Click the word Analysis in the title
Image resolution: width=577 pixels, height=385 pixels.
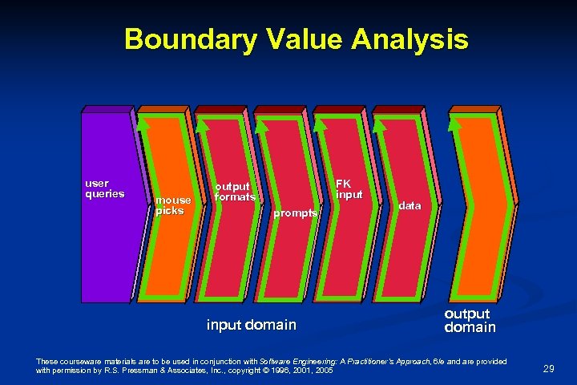[410, 38]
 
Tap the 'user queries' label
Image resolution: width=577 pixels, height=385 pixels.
[105, 188]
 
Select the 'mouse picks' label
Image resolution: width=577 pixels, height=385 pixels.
[173, 205]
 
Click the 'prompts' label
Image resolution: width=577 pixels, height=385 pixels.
[296, 213]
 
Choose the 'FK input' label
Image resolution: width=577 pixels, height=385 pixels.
[349, 189]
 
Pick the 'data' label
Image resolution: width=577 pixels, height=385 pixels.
[410, 206]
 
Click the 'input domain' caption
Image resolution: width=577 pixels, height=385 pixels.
[251, 325]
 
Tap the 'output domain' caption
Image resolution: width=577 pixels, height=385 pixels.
[470, 321]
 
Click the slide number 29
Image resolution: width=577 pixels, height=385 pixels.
[549, 368]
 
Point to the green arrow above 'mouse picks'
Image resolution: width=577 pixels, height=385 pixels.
[143, 124]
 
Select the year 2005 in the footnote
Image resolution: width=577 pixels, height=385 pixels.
[324, 371]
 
